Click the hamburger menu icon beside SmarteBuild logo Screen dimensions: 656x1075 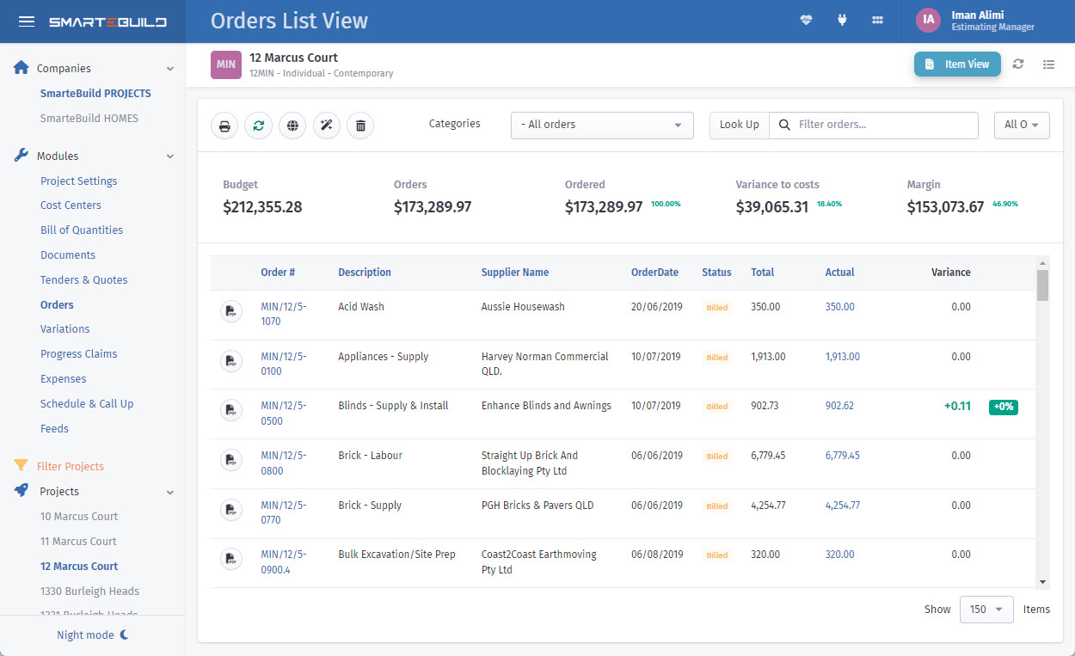(x=27, y=21)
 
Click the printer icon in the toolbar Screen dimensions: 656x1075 (x=224, y=126)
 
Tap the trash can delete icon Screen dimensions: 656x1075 (x=360, y=126)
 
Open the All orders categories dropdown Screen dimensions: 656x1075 (x=602, y=125)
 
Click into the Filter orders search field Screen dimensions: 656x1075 (x=886, y=125)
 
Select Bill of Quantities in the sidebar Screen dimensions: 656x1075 (x=82, y=230)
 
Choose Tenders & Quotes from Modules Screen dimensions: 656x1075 (x=83, y=280)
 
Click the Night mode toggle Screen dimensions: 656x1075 (x=92, y=635)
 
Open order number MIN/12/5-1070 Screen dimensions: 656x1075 (x=283, y=314)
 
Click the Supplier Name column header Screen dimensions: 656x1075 (x=515, y=273)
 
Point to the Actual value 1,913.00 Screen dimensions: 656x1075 (x=842, y=357)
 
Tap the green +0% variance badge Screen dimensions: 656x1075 (x=1003, y=407)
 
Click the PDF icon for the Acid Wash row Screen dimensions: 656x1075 (x=230, y=311)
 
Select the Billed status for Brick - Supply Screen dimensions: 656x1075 (x=716, y=506)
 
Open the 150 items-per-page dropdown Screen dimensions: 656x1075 (x=986, y=610)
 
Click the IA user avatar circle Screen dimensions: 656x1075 (x=928, y=20)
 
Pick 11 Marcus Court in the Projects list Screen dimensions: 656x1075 (x=78, y=542)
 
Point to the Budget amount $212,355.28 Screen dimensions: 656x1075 (x=262, y=207)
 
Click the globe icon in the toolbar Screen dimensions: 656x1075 (x=293, y=126)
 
